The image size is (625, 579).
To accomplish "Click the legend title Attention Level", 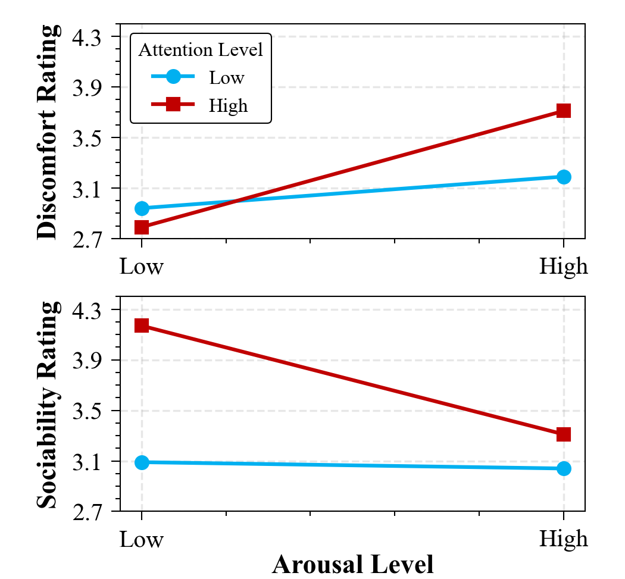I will pos(201,50).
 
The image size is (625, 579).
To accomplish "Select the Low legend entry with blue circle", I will pos(226,77).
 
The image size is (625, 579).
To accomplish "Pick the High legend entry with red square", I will pos(228,106).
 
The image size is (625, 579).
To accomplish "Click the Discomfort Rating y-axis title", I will pos(48,132).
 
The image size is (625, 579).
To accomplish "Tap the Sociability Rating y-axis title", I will pos(48,405).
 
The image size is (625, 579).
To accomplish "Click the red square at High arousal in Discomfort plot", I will pos(564,111).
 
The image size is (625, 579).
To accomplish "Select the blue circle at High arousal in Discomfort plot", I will pos(564,177).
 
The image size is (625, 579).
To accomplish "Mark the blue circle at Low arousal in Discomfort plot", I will pos(142,208).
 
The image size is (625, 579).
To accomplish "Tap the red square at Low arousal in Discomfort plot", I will pos(142,227).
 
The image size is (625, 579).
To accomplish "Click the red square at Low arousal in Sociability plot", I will pos(142,326).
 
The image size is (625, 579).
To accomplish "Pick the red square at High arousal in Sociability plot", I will pos(564,434).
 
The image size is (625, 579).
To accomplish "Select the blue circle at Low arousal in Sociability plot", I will pos(142,462).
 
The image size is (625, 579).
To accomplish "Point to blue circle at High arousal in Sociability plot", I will pos(564,469).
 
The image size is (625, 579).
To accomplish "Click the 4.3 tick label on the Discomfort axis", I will pos(87,37).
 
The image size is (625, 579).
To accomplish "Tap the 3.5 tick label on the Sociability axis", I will pos(87,411).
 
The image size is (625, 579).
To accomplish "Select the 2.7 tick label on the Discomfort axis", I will pos(87,239).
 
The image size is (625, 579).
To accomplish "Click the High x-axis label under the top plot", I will pos(563,266).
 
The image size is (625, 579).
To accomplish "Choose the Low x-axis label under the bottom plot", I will pos(142,539).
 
